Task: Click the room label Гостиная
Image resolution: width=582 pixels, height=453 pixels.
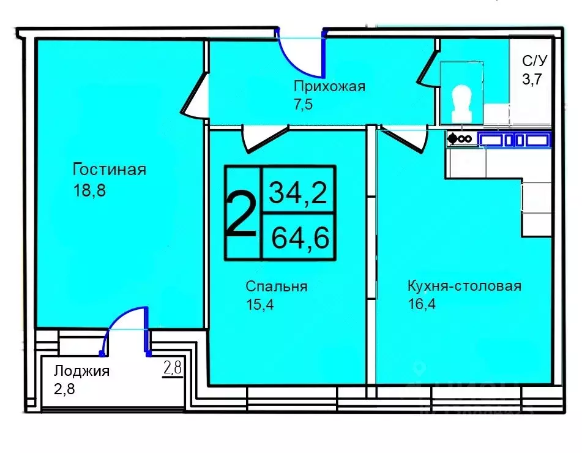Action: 109,169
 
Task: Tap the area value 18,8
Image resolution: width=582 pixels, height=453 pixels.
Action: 89,190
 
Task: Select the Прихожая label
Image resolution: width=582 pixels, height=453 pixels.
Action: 329,86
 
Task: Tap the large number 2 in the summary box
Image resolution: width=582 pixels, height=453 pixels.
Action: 242,212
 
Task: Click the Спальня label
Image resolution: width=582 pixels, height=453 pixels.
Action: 276,286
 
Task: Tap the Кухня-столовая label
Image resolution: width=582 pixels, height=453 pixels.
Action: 464,286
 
